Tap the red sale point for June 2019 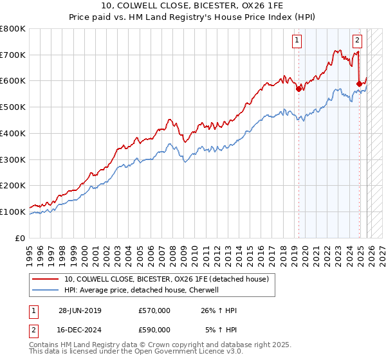point(299,89)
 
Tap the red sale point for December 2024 point(359,83)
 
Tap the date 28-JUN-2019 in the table point(80,310)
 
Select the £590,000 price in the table point(154,331)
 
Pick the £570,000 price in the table point(154,310)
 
